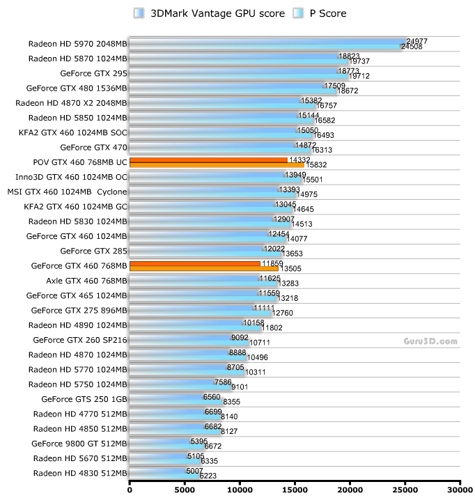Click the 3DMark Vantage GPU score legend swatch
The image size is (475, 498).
pyautogui.click(x=139, y=13)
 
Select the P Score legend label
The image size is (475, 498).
pyautogui.click(x=327, y=13)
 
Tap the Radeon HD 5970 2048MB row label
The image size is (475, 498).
pyautogui.click(x=78, y=43)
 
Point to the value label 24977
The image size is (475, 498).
pyautogui.click(x=416, y=41)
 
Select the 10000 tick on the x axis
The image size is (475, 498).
pyautogui.click(x=240, y=488)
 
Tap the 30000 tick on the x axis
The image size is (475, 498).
pyautogui.click(x=460, y=488)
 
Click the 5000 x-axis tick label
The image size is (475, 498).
pyautogui.click(x=185, y=488)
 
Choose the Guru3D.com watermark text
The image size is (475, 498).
pyautogui.click(x=430, y=341)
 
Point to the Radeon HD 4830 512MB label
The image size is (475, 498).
pyautogui.click(x=80, y=473)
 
